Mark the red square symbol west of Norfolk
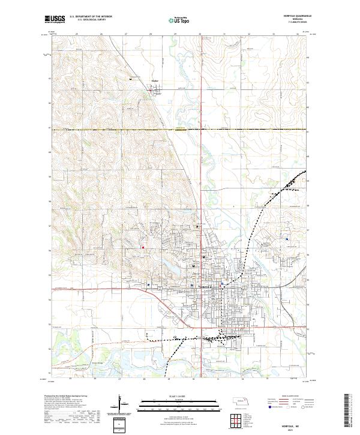pyautogui.click(x=143, y=246)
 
